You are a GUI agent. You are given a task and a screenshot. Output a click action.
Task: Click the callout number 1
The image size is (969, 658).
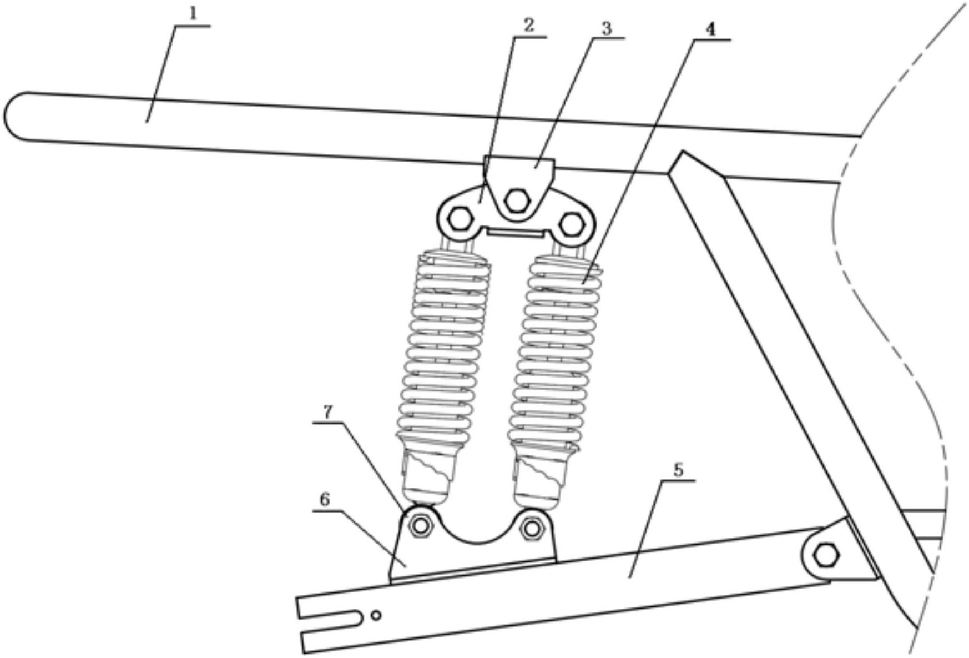(193, 14)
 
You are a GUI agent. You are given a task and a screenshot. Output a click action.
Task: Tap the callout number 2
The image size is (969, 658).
(528, 25)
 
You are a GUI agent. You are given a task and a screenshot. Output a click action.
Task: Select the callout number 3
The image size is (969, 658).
(607, 28)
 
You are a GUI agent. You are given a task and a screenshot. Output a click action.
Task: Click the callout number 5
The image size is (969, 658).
(678, 470)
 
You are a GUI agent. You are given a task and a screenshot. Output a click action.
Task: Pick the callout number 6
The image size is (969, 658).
(325, 500)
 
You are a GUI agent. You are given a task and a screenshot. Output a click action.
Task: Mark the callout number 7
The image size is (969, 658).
(328, 411)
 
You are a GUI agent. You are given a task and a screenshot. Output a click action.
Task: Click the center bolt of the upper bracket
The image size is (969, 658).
(517, 200)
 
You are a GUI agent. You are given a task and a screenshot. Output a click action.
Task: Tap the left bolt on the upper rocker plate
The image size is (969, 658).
(460, 219)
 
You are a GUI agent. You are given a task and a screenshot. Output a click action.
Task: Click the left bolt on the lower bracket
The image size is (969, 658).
(421, 525)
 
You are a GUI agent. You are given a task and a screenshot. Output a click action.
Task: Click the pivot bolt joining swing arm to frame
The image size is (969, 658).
(826, 555)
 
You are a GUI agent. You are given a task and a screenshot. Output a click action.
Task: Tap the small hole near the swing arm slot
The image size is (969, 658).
(376, 615)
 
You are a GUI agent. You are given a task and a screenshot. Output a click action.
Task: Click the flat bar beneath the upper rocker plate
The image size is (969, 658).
(515, 232)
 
